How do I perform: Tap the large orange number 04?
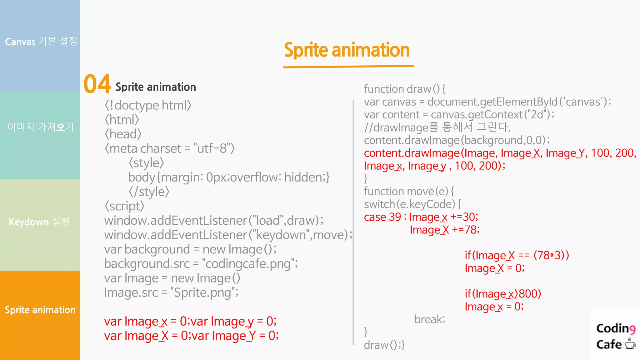[x=97, y=84]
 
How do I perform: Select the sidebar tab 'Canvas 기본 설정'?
[x=41, y=41]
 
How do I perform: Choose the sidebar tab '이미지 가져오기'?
[x=41, y=127]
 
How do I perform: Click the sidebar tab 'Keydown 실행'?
[x=40, y=222]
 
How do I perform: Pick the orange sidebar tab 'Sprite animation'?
[x=40, y=310]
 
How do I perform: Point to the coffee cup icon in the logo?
[x=630, y=344]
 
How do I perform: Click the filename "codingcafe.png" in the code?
[x=248, y=264]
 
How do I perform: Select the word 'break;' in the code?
[x=430, y=319]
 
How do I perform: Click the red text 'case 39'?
[x=382, y=217]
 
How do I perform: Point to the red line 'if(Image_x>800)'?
[x=503, y=294]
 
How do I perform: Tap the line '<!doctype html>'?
[x=148, y=105]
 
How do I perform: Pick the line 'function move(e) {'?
[x=409, y=191]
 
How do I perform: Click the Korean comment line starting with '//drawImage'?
[x=437, y=127]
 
